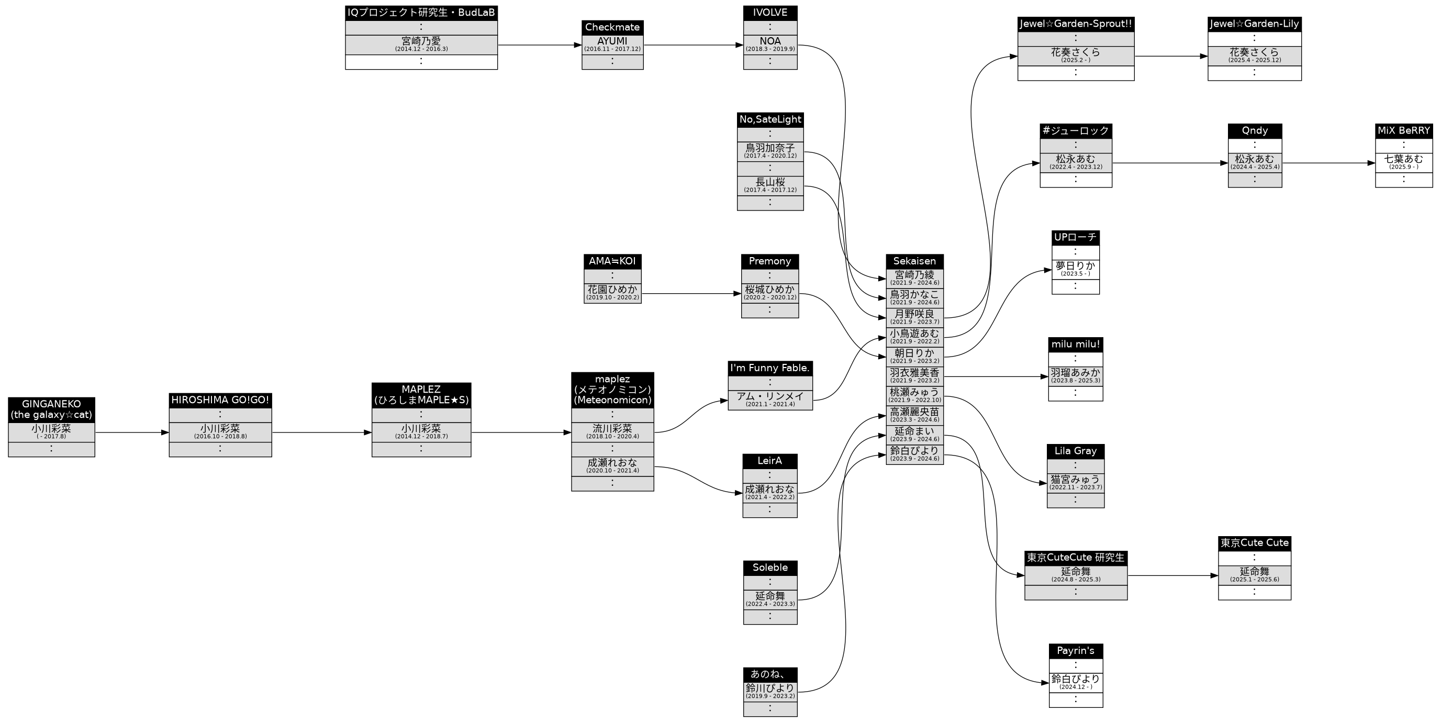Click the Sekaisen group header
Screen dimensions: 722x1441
(914, 261)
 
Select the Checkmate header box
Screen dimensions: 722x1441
(612, 27)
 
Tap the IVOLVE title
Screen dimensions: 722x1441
(770, 13)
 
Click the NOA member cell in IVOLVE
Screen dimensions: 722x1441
(770, 44)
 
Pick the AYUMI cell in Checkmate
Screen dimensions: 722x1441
(612, 44)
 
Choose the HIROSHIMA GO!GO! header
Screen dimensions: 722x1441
(220, 400)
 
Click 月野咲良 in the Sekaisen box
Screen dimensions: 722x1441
(914, 317)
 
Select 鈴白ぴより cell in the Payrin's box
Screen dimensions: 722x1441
(1075, 682)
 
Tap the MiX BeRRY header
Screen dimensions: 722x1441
(1403, 131)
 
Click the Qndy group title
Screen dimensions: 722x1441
(1255, 131)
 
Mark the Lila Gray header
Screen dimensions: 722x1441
(1075, 451)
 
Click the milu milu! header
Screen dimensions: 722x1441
(1075, 344)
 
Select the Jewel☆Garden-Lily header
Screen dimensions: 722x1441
(1254, 24)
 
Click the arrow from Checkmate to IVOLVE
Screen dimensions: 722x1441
(694, 45)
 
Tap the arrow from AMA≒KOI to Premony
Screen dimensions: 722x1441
(691, 293)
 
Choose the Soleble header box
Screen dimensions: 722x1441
(770, 568)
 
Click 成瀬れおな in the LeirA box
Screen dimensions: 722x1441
(770, 493)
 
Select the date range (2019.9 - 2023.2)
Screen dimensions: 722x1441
(770, 696)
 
